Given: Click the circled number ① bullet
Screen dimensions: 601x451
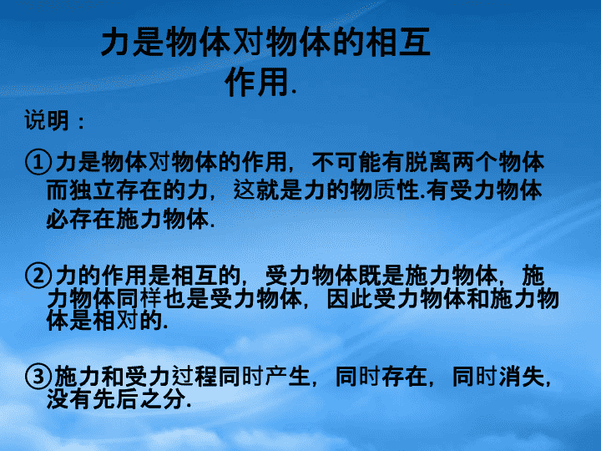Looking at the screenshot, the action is click(x=38, y=162).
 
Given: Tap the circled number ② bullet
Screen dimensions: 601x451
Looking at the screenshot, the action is click(x=38, y=276).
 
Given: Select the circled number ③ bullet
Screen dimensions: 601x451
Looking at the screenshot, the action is click(x=38, y=377).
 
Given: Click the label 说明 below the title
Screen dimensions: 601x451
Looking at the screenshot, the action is click(x=47, y=120).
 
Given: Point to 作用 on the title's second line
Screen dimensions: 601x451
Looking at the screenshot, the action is click(x=256, y=82).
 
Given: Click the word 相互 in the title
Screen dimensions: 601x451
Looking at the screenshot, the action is click(x=398, y=42).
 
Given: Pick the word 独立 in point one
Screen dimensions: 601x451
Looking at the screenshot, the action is click(x=92, y=190).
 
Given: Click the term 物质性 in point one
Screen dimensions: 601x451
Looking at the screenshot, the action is click(x=385, y=190).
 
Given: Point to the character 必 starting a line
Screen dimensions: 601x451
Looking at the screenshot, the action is click(x=58, y=219).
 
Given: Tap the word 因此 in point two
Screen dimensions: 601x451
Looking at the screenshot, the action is click(x=350, y=299).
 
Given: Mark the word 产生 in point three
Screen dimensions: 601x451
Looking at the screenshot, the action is click(x=287, y=377).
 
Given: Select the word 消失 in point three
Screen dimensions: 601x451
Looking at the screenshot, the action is click(x=521, y=377).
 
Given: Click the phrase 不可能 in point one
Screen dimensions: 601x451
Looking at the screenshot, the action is click(x=346, y=162).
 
